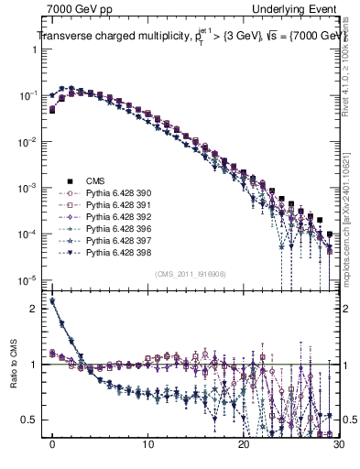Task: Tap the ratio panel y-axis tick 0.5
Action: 30,420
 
